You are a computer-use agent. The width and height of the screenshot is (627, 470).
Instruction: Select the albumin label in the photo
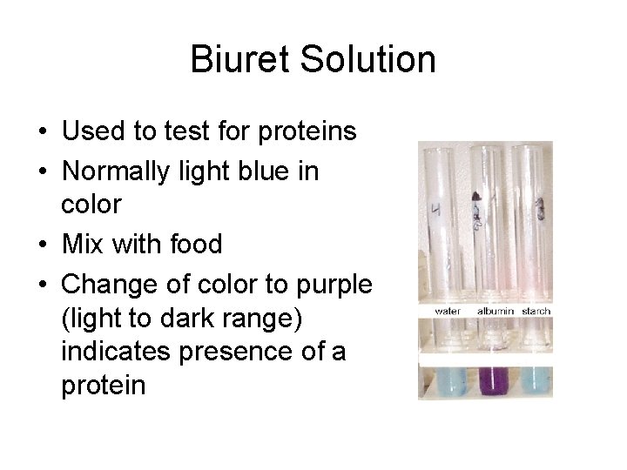pyautogui.click(x=495, y=311)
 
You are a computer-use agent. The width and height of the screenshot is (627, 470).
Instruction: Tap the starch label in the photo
pyautogui.click(x=536, y=311)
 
